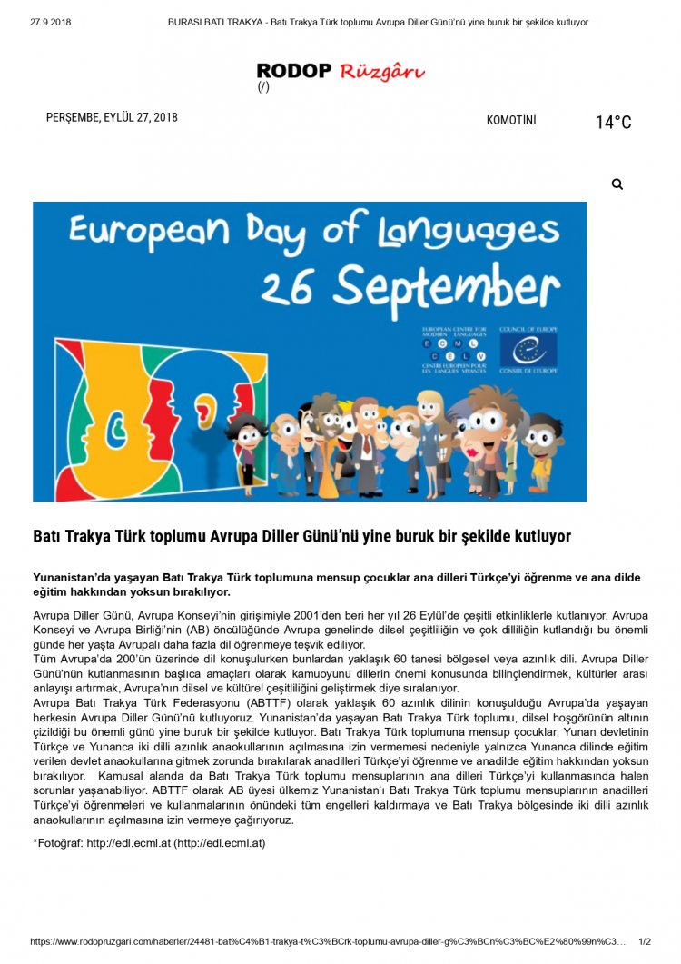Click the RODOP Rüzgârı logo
(x=340, y=71)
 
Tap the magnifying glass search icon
(x=617, y=184)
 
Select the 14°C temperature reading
(x=613, y=123)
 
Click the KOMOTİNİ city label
(x=511, y=120)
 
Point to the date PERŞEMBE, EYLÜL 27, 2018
(x=112, y=117)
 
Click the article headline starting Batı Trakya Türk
(x=301, y=536)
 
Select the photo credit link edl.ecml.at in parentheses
(x=220, y=843)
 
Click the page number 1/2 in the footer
(x=646, y=942)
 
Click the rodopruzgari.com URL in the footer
(x=327, y=942)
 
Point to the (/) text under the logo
(x=263, y=87)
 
